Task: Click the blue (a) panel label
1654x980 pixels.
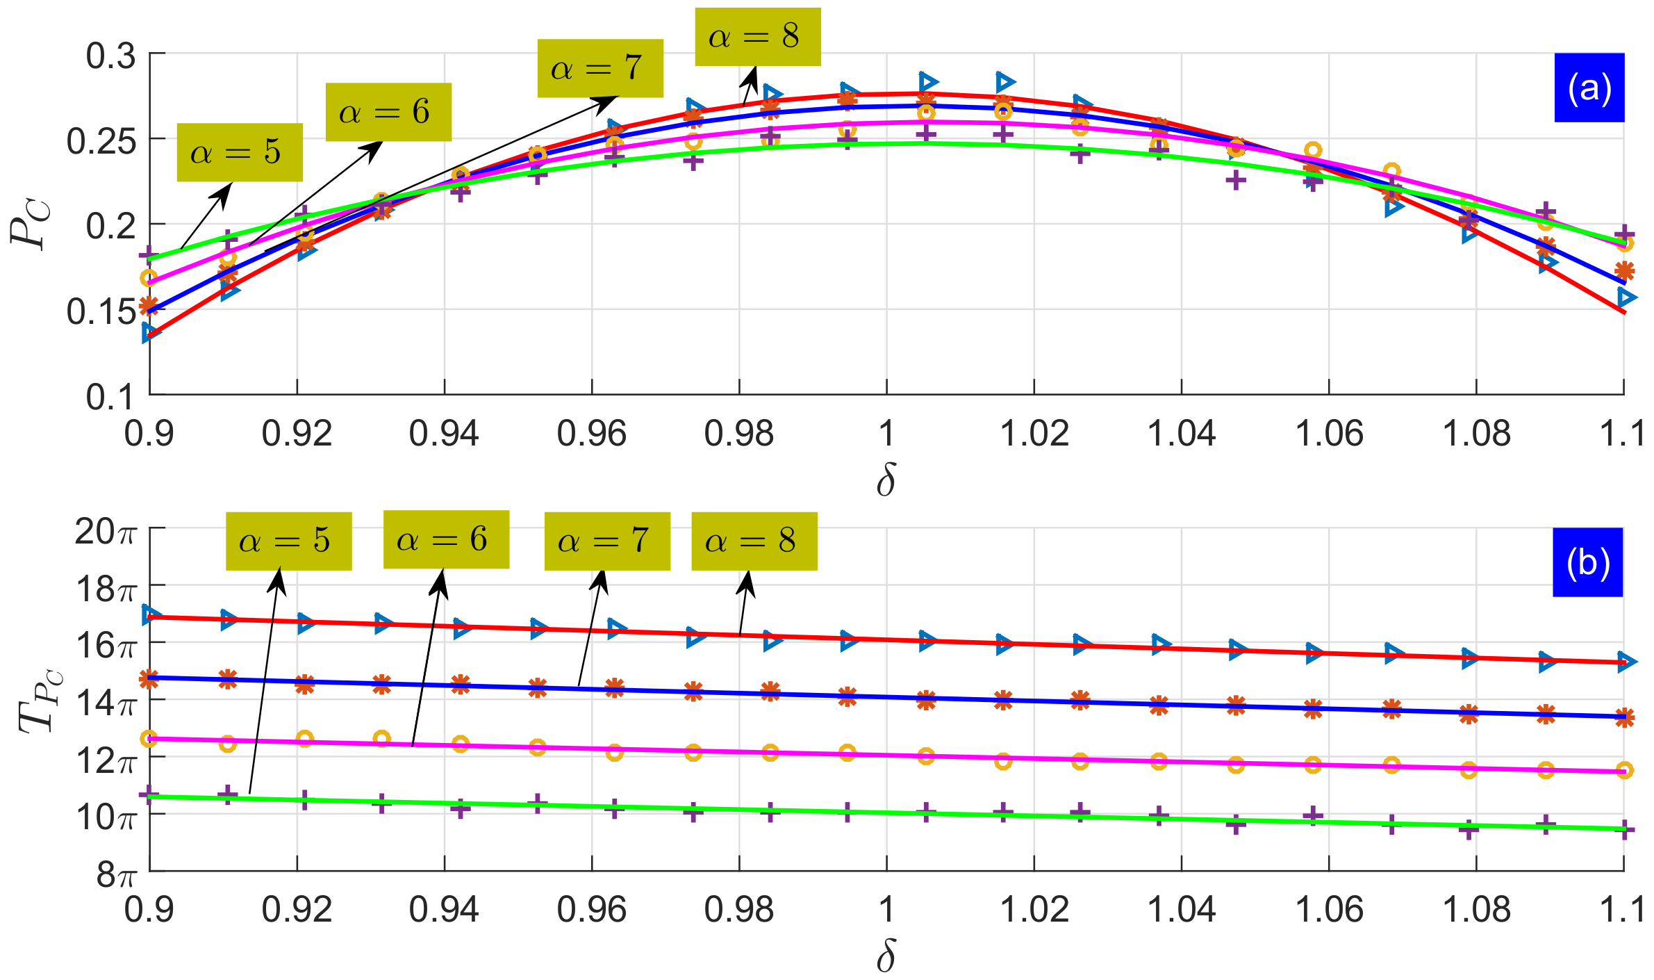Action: (1589, 88)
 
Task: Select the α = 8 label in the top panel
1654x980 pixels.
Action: (757, 37)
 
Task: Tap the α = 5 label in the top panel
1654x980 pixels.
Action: (239, 152)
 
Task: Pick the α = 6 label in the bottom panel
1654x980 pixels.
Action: (446, 539)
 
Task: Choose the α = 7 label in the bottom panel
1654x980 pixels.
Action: (606, 541)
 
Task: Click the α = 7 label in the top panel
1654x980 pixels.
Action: (599, 68)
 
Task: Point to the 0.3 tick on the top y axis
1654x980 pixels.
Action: (110, 56)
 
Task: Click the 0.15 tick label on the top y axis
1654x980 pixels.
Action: (101, 311)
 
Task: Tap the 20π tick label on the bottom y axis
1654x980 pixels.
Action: (106, 532)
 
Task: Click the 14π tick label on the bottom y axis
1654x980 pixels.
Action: (106, 703)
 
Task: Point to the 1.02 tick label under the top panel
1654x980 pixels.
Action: (1034, 434)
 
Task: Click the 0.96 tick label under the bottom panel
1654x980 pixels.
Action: (591, 909)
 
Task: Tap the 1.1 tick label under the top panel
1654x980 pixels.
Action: (1622, 434)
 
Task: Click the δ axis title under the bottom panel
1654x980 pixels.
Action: (886, 957)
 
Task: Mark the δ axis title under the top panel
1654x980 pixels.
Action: (886, 480)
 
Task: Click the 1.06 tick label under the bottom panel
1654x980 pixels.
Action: (1329, 909)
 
